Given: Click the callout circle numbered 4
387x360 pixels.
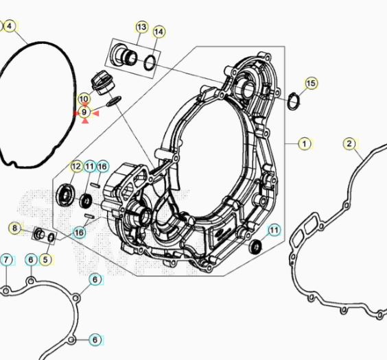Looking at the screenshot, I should pos(10,26).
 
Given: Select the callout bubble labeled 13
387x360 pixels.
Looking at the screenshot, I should pos(141,27).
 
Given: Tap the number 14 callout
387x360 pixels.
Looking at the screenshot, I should pos(159,32).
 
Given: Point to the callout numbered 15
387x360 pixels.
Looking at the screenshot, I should pos(312,84).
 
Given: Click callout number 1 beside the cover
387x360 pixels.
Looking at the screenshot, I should pos(305,144).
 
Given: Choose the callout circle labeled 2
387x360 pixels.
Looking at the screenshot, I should pos(350,144).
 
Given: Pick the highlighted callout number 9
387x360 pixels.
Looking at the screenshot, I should pos(84,112).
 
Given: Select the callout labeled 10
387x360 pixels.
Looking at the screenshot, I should pos(84,99).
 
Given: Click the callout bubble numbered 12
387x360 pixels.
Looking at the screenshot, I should pos(76,167).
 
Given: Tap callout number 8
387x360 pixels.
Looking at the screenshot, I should pos(14,228).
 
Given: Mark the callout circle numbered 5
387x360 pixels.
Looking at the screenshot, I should pos(45,259).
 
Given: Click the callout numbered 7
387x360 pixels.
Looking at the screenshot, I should pos(6,260).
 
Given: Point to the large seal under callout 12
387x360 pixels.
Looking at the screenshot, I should pos(67,193).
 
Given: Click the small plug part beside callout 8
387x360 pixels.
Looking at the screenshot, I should pos(40,235).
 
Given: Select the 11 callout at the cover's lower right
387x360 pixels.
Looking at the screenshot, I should pos(274,230).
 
